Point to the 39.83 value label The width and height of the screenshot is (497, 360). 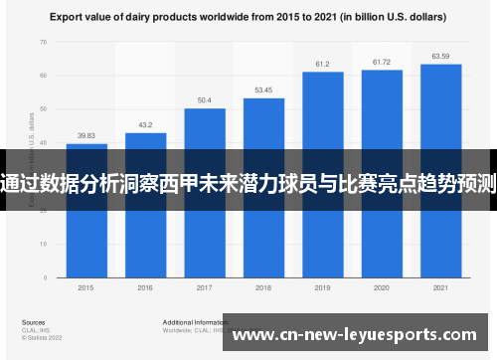pyautogui.click(x=86, y=136)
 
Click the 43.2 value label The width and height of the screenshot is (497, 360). pyautogui.click(x=145, y=125)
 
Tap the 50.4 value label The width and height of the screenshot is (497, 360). pyautogui.click(x=204, y=100)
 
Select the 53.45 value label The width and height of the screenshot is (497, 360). pyautogui.click(x=263, y=90)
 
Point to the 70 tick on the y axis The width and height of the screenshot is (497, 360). pyautogui.click(x=44, y=42)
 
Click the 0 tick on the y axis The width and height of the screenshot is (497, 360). pyautogui.click(x=46, y=278)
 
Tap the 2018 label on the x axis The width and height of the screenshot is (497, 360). pyautogui.click(x=263, y=287)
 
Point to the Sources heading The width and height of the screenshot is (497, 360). pyautogui.click(x=33, y=323)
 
